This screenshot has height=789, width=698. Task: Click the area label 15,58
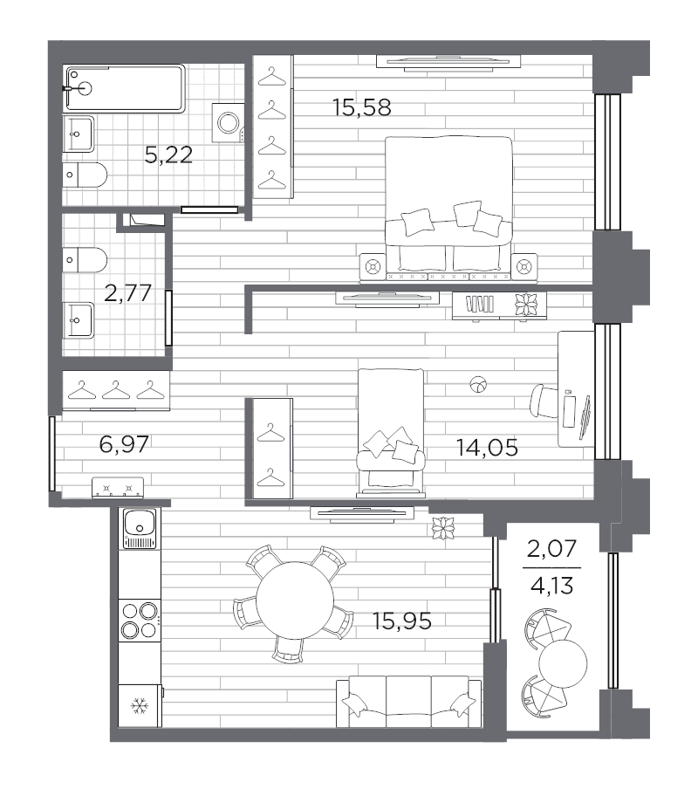361,107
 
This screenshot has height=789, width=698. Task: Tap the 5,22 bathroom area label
168,154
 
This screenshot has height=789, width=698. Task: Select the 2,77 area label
127,293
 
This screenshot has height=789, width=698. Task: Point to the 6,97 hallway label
124,443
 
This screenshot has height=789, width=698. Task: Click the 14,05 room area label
487,447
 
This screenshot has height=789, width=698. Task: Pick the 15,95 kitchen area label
402,621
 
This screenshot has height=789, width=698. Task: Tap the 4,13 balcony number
551,587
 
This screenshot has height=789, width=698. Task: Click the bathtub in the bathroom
125,88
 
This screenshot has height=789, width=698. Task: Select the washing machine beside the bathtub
229,122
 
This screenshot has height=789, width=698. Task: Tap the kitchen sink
140,528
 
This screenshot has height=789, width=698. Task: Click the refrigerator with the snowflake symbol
140,705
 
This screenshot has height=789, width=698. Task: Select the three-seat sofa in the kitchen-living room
409,702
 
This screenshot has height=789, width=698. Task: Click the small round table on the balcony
563,663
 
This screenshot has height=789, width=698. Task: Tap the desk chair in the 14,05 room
544,401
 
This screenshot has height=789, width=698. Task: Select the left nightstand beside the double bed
373,265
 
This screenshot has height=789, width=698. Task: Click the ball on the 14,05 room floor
478,385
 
